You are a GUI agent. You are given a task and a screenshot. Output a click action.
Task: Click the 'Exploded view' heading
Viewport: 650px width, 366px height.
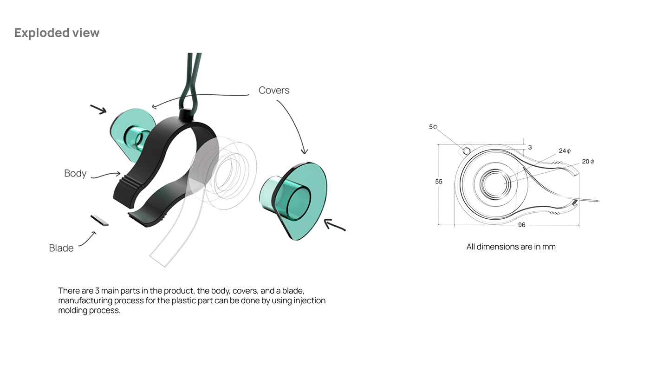point(57,33)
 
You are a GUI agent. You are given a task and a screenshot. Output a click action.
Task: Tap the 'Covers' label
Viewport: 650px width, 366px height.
point(274,90)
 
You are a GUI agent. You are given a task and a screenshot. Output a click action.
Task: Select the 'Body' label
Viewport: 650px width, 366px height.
point(75,173)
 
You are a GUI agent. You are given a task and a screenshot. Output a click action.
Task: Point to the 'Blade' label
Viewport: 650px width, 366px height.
point(61,248)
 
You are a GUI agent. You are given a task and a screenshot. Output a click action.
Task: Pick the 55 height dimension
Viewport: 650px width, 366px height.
point(439,182)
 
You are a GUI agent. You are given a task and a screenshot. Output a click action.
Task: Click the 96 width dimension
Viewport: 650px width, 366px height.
point(521,225)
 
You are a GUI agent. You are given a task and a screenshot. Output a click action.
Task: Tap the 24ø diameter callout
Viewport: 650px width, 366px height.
point(565,151)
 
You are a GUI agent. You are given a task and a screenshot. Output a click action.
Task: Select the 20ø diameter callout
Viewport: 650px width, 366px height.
point(588,162)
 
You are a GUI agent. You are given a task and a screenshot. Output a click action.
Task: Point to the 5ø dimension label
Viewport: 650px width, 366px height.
point(433,127)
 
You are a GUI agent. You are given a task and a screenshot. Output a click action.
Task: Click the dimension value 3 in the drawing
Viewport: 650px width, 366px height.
point(530,147)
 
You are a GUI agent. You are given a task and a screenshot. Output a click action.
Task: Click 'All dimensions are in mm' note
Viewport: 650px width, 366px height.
point(511,247)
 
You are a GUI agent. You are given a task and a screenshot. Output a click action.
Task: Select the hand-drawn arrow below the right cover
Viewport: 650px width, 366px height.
point(334,226)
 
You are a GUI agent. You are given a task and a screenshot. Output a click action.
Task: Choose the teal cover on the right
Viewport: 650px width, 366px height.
point(297,200)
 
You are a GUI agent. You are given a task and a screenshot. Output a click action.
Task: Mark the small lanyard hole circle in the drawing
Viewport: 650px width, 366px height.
point(467,150)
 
